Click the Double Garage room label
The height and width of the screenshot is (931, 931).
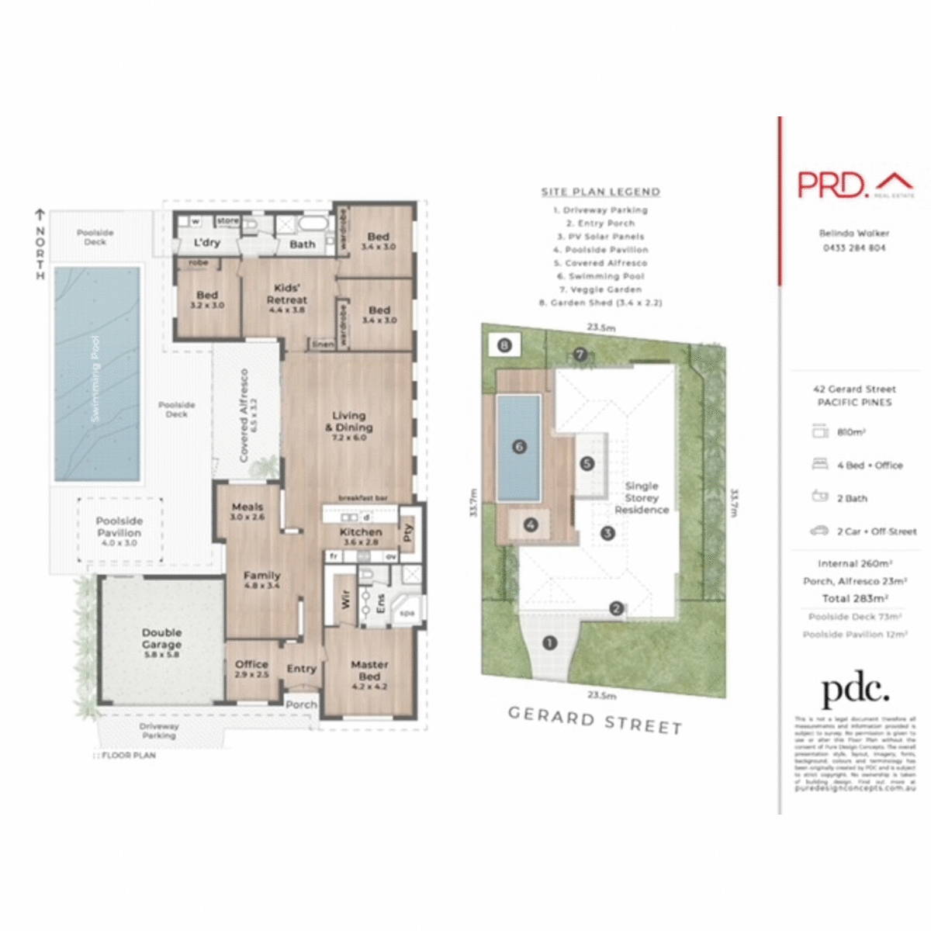[x=161, y=642]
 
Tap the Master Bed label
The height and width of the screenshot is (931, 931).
[x=369, y=673]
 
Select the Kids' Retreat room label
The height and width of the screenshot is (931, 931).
[x=286, y=297]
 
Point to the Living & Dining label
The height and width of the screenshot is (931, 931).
[x=348, y=425]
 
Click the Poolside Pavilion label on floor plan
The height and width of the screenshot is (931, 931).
[x=119, y=530]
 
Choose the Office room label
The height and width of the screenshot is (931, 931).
[x=251, y=668]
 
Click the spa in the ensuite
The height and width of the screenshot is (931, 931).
[x=407, y=611]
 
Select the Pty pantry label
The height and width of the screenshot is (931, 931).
[x=408, y=533]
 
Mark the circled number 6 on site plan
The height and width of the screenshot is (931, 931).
[x=519, y=446]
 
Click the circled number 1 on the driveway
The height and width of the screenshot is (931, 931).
[x=550, y=643]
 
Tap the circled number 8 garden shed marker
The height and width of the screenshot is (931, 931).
[x=505, y=345]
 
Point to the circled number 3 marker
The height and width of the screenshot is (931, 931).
[x=607, y=533]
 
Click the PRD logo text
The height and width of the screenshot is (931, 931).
[x=832, y=185]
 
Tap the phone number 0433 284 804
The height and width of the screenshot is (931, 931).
[x=854, y=248]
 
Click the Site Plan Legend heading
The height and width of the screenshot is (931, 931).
[x=600, y=192]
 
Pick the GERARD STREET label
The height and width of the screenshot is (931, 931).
[x=595, y=720]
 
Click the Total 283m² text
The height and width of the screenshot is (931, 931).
[x=854, y=598]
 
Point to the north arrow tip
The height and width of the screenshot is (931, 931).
[x=40, y=211]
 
